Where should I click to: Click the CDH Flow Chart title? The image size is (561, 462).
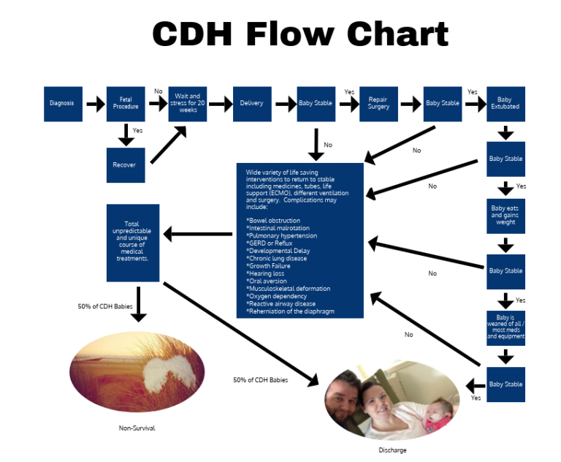pyautogui.click(x=300, y=34)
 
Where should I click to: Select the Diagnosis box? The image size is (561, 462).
pyautogui.click(x=62, y=103)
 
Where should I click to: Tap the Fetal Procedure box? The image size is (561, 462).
pyautogui.click(x=126, y=103)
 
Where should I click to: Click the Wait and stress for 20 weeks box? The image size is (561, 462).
pyautogui.click(x=188, y=103)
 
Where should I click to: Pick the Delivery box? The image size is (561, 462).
pyautogui.click(x=252, y=103)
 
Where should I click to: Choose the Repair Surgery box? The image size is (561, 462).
pyautogui.click(x=378, y=103)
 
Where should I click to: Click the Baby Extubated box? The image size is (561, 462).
pyautogui.click(x=505, y=103)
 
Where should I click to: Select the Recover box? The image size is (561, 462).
pyautogui.click(x=125, y=164)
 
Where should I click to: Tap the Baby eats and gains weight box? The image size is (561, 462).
pyautogui.click(x=505, y=216)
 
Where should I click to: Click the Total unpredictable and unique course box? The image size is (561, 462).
pyautogui.click(x=132, y=243)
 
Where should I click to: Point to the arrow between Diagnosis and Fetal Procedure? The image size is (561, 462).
pyautogui.click(x=94, y=104)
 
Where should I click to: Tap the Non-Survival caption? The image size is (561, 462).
pyautogui.click(x=137, y=428)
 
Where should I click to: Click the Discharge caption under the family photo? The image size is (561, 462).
pyautogui.click(x=392, y=450)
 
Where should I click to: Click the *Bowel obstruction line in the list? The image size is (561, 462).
pyautogui.click(x=276, y=220)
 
